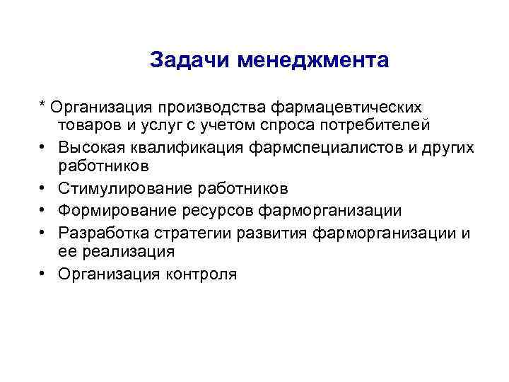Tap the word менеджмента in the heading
(313, 60)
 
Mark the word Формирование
(114, 210)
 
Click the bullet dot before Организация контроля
(44, 273)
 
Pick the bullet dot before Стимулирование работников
(44, 189)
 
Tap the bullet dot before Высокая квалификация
(44, 147)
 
